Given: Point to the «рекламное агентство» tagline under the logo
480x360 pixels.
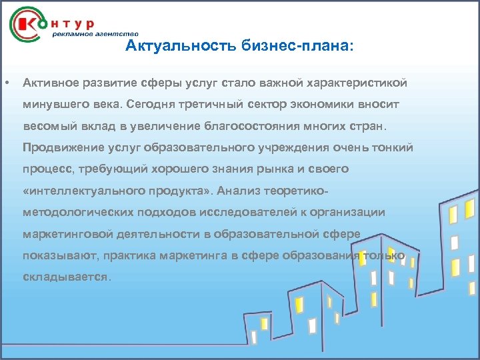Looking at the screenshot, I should click(x=96, y=33).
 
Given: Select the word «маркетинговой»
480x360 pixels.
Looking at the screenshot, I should click(x=65, y=234).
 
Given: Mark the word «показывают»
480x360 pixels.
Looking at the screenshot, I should click(x=56, y=255).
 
